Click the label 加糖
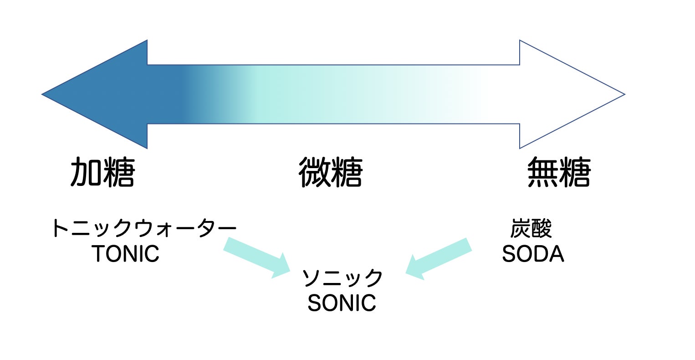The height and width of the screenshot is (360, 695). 103,173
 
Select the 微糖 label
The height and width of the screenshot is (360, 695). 331,173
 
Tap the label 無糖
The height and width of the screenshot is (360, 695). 559,173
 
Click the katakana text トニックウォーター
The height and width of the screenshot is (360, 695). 143,228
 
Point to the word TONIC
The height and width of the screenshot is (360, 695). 126,253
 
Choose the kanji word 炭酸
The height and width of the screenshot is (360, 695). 531,228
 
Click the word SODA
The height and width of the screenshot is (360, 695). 533,253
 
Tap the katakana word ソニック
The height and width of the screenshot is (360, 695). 342,278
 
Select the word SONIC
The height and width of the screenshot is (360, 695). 342,303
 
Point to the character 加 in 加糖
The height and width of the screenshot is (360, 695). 86,173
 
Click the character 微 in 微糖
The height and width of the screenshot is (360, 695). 314,173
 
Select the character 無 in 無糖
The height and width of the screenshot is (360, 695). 542,173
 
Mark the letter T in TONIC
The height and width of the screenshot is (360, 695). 99,253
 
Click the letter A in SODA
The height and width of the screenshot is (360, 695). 556,253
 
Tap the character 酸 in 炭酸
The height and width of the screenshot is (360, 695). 542,228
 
